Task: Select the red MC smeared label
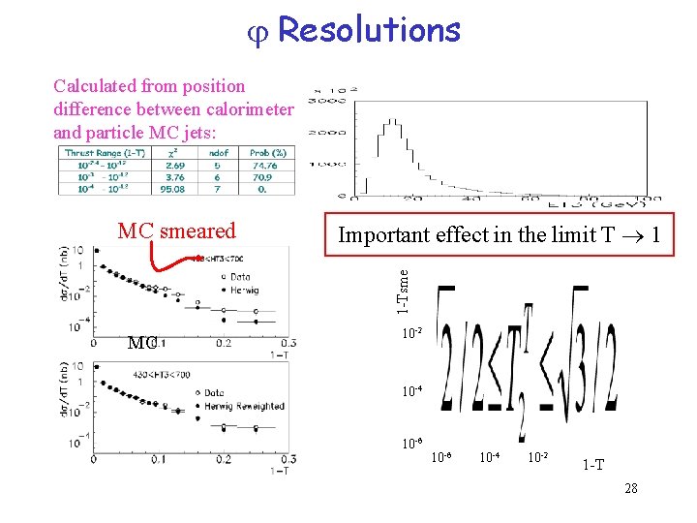[176, 231]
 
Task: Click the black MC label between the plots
[141, 343]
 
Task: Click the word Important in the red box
[379, 234]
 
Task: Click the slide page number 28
[631, 488]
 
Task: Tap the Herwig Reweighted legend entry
[244, 406]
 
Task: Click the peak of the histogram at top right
[393, 122]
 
